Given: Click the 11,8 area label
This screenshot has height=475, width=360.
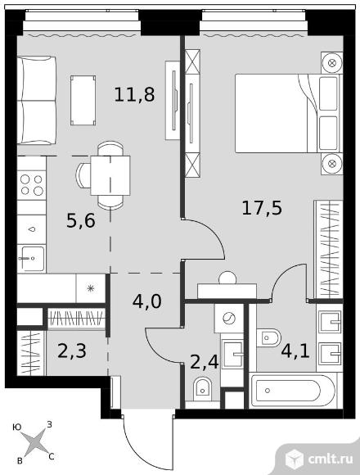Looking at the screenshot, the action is click(x=135, y=94).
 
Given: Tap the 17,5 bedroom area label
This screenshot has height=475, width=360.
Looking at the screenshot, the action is click(x=262, y=208).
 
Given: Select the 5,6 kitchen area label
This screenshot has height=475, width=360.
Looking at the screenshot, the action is click(x=81, y=220).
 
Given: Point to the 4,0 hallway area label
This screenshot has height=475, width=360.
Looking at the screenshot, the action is click(x=147, y=301).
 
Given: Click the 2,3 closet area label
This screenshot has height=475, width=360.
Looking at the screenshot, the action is click(x=72, y=351).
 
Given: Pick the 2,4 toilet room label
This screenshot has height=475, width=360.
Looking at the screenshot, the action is click(x=205, y=362).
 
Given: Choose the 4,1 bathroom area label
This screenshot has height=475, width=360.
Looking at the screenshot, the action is click(x=295, y=351).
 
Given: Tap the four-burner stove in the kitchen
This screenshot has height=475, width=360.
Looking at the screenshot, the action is click(x=32, y=185).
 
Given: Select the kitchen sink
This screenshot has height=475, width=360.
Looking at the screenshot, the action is click(x=31, y=259).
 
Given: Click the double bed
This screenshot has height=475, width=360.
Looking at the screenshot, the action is click(x=288, y=113).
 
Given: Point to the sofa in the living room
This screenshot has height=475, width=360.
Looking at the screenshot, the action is click(x=37, y=100).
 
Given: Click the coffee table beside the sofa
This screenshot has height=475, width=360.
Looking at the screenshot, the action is click(x=83, y=100).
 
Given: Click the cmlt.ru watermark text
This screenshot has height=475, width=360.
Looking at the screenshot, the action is click(x=331, y=459).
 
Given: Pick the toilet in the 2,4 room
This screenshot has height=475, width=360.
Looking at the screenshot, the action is click(x=202, y=389).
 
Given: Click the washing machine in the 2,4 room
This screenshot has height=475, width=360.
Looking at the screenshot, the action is click(x=229, y=319).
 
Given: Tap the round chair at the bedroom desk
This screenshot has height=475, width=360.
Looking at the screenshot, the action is click(x=227, y=278).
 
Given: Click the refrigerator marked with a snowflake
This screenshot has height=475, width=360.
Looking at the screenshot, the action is click(x=91, y=288).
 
